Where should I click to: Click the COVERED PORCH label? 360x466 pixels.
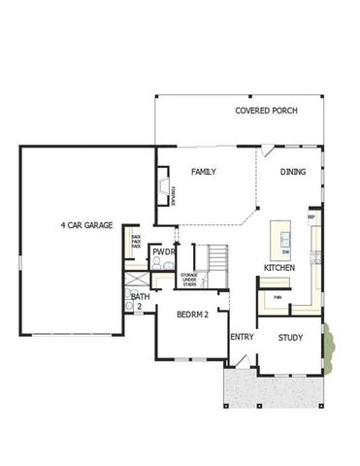click(267, 111)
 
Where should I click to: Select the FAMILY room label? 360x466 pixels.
click(203, 172)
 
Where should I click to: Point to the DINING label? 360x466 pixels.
click(293, 172)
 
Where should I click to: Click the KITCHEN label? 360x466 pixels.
click(279, 267)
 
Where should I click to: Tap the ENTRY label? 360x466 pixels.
click(242, 338)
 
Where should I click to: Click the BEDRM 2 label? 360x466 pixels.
click(194, 316)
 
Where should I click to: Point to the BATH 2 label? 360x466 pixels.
click(140, 301)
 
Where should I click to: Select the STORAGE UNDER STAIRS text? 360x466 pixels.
click(189, 280)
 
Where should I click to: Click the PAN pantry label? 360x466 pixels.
click(278, 297)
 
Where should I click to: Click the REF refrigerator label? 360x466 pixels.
click(311, 217)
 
